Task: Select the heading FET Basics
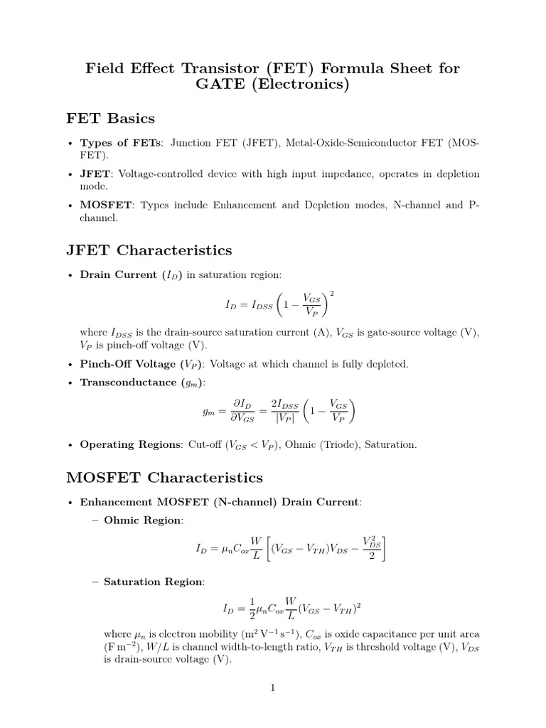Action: tap(110, 118)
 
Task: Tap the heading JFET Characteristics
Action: tap(149, 250)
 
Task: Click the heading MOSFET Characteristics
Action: tap(164, 477)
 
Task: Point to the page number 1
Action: tap(272, 687)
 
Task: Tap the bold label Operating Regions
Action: tap(131, 444)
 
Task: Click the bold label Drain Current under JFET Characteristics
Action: tap(118, 274)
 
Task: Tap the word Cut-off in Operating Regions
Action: tap(205, 444)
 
